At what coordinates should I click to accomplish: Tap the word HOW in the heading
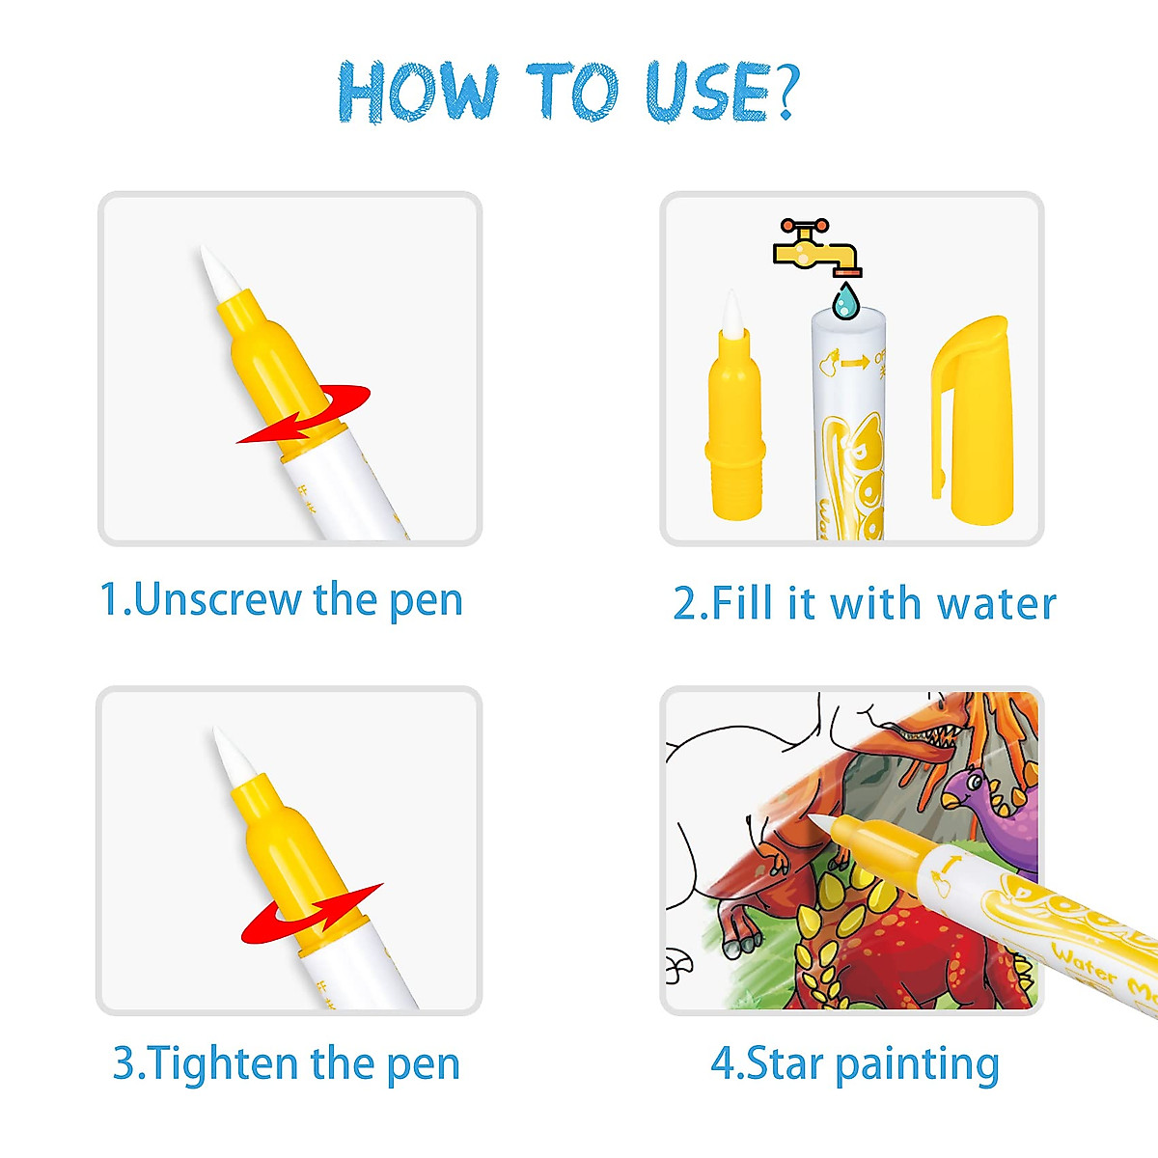pos(418,92)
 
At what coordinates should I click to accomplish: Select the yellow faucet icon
pos(815,247)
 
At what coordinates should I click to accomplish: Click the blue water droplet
pos(845,301)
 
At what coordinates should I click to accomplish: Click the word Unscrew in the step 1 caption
pos(217,599)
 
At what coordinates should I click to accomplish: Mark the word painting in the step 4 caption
pos(917,1065)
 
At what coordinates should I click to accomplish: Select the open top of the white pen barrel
pos(847,318)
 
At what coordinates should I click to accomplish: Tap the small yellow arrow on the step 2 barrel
pos(854,363)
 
